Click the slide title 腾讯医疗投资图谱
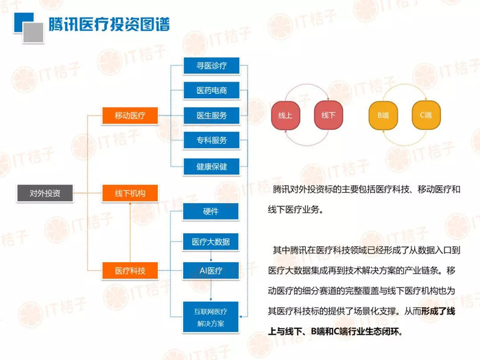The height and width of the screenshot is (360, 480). pos(109,24)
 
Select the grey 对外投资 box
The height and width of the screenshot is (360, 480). pos(45,193)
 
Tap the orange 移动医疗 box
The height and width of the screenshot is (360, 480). pos(130,116)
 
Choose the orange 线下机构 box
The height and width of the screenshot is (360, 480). pos(130,193)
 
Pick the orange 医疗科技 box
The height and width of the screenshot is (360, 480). pos(130,271)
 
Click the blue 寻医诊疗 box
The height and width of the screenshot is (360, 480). pos(211,66)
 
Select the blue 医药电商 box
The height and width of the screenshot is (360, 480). pos(211,91)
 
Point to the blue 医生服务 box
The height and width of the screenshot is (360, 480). pos(211,115)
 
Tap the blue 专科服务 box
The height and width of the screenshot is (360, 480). pos(211,140)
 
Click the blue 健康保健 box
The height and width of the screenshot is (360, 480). pos(211,167)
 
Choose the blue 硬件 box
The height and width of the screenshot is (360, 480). pos(211,211)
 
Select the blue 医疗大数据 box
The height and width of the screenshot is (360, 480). pos(211,242)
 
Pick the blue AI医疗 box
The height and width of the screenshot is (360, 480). pos(211,271)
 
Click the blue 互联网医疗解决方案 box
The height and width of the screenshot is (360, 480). pos(211,317)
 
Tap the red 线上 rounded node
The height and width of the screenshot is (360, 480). pos(286,115)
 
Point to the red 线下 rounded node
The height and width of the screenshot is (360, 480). pos(328,115)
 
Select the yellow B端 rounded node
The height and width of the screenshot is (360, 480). pos(383,115)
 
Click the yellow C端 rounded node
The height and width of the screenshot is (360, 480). pos(426,115)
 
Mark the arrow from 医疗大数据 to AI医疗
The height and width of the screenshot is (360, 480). pos(211,256)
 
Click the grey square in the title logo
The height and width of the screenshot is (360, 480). pos(34,32)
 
